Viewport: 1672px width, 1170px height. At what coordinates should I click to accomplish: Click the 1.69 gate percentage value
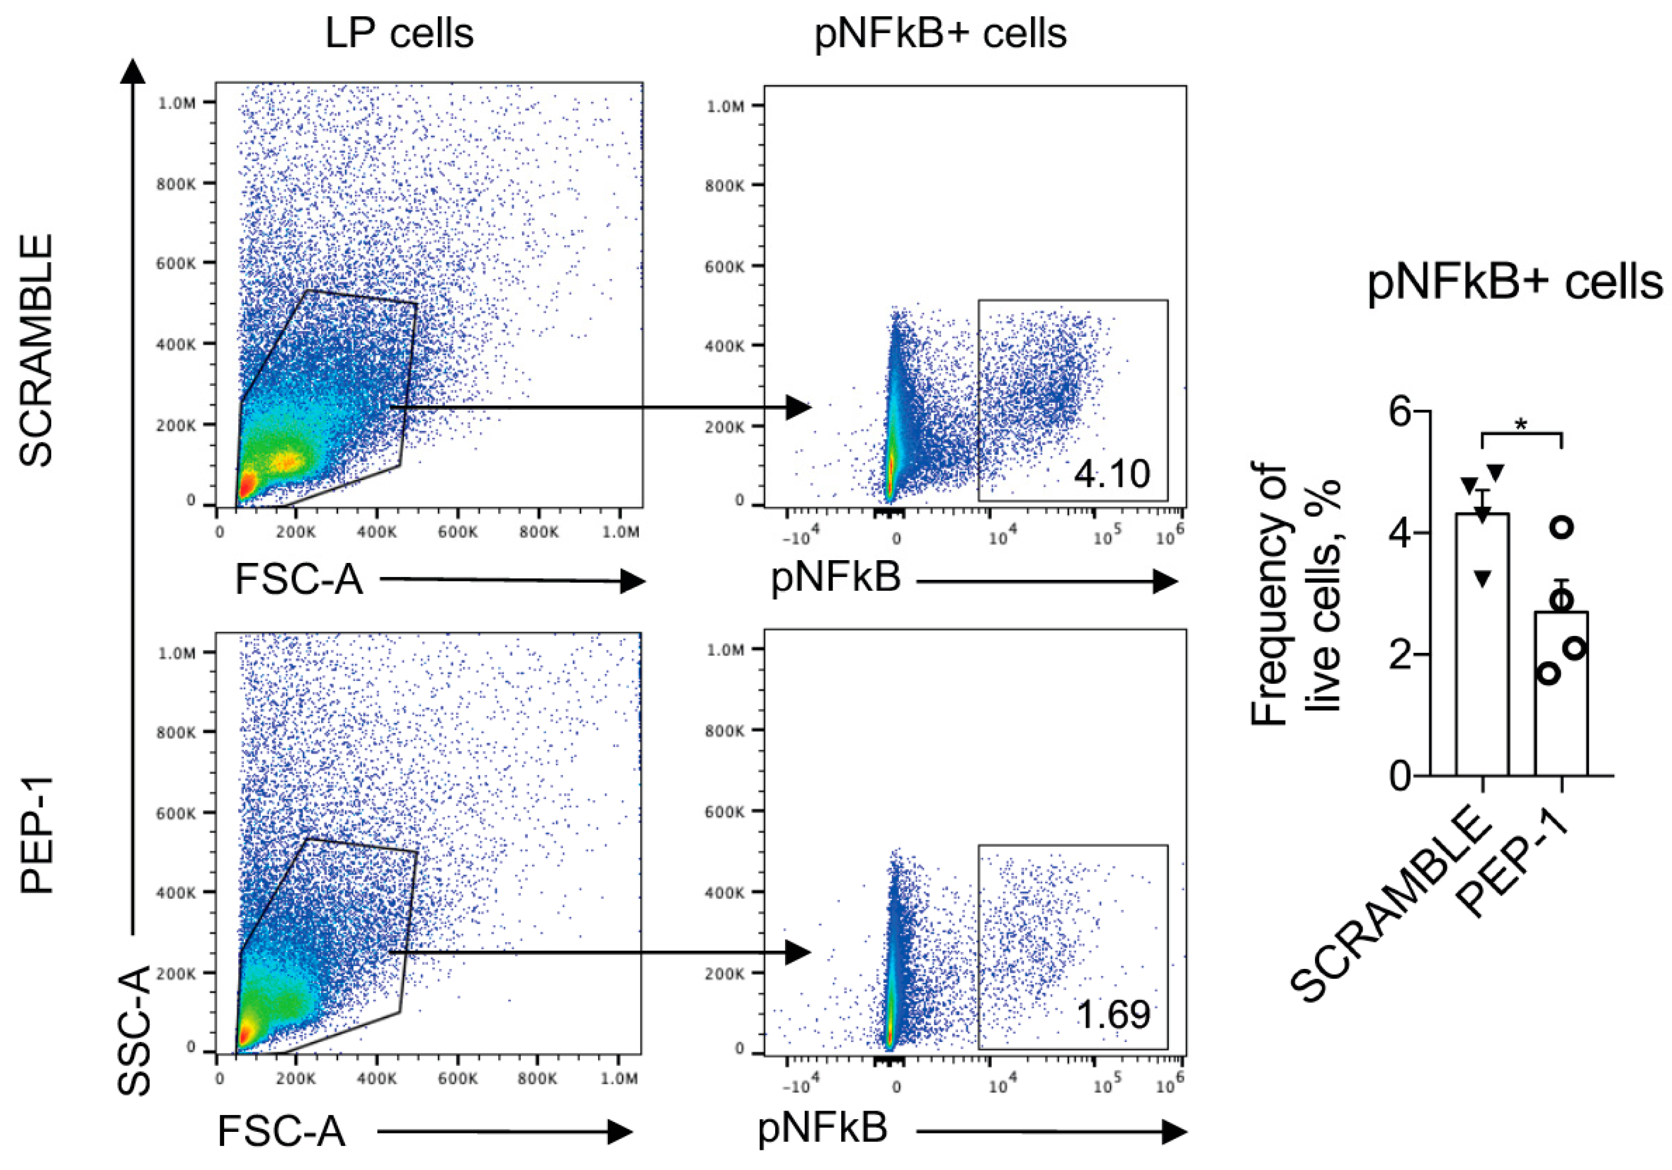click(1113, 1015)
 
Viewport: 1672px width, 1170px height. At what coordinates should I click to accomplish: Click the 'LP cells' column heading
click(399, 33)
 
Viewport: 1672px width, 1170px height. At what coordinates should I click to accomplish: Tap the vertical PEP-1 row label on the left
click(37, 835)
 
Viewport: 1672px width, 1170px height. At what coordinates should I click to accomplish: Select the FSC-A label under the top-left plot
click(299, 580)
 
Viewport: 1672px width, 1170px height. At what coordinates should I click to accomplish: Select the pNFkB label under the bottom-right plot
click(823, 1128)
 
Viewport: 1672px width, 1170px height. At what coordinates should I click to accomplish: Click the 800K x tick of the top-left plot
click(538, 532)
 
